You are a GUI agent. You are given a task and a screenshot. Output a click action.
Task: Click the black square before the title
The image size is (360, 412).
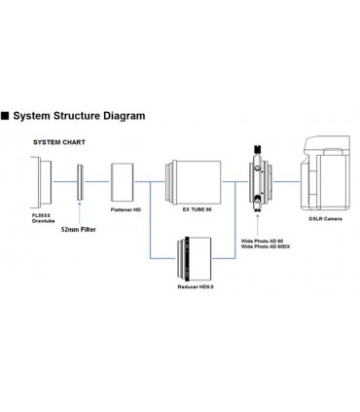[x=5, y=116]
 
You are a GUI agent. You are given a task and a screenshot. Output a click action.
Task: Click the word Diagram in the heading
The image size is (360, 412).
[x=124, y=116]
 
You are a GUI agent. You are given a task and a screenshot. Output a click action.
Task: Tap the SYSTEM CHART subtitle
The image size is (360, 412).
[x=59, y=142]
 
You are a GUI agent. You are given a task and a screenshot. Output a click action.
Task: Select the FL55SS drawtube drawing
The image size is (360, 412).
[x=41, y=182]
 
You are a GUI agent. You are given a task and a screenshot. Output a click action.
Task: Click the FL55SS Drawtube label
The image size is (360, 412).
[x=43, y=218]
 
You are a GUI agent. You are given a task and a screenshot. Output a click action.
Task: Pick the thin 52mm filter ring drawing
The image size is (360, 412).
[x=80, y=182]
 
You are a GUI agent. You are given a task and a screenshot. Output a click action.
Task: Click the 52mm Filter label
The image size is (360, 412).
[x=79, y=230]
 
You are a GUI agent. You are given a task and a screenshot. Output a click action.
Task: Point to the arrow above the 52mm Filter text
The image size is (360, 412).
[x=80, y=212]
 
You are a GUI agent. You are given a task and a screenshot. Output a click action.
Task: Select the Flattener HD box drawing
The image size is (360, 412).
[x=123, y=182]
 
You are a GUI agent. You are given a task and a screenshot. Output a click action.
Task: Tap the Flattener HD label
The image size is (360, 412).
[x=126, y=209]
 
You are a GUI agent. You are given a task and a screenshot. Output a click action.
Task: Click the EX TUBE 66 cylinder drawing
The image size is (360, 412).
[x=193, y=182]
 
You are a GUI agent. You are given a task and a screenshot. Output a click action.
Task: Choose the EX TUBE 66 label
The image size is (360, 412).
[x=197, y=209]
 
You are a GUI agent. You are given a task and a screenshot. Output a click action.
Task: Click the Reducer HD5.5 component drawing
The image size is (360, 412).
[x=195, y=259]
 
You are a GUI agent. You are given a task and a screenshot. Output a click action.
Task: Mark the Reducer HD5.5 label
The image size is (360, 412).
[x=196, y=287]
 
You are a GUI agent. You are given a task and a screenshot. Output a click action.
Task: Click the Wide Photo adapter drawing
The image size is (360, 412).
[x=261, y=178]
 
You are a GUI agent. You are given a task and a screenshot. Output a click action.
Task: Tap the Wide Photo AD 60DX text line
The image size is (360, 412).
[x=266, y=246]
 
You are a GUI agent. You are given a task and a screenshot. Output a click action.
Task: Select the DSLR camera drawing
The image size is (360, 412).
[x=325, y=173]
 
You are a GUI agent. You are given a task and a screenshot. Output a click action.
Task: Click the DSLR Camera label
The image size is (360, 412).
[x=325, y=219]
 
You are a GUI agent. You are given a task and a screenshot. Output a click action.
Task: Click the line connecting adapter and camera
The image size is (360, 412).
[x=286, y=181]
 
